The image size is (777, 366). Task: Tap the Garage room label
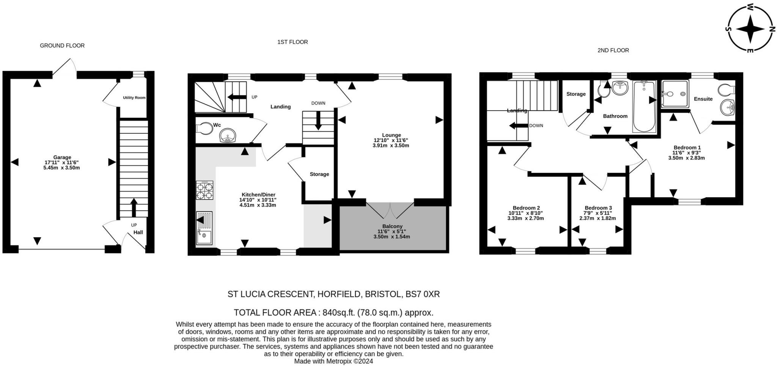tap(62, 157)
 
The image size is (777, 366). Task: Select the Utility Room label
tap(134, 98)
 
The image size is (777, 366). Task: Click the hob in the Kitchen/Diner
tap(204, 190)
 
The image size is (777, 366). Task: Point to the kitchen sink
tap(204, 228)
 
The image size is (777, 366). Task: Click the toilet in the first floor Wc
tap(204, 128)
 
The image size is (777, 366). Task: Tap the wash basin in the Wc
tap(228, 136)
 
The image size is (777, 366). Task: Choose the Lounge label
tap(392, 135)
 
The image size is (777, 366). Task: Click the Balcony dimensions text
tap(392, 234)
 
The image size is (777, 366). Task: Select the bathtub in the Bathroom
tap(644, 106)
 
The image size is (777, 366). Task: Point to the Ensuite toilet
tap(727, 90)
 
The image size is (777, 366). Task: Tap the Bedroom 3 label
tap(598, 208)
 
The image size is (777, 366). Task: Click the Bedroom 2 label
tap(526, 208)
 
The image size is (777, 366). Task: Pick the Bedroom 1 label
tap(687, 147)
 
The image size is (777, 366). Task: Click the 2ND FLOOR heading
tap(613, 50)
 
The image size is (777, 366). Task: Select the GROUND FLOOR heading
tap(62, 46)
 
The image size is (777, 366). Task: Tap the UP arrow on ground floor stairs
tap(134, 207)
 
